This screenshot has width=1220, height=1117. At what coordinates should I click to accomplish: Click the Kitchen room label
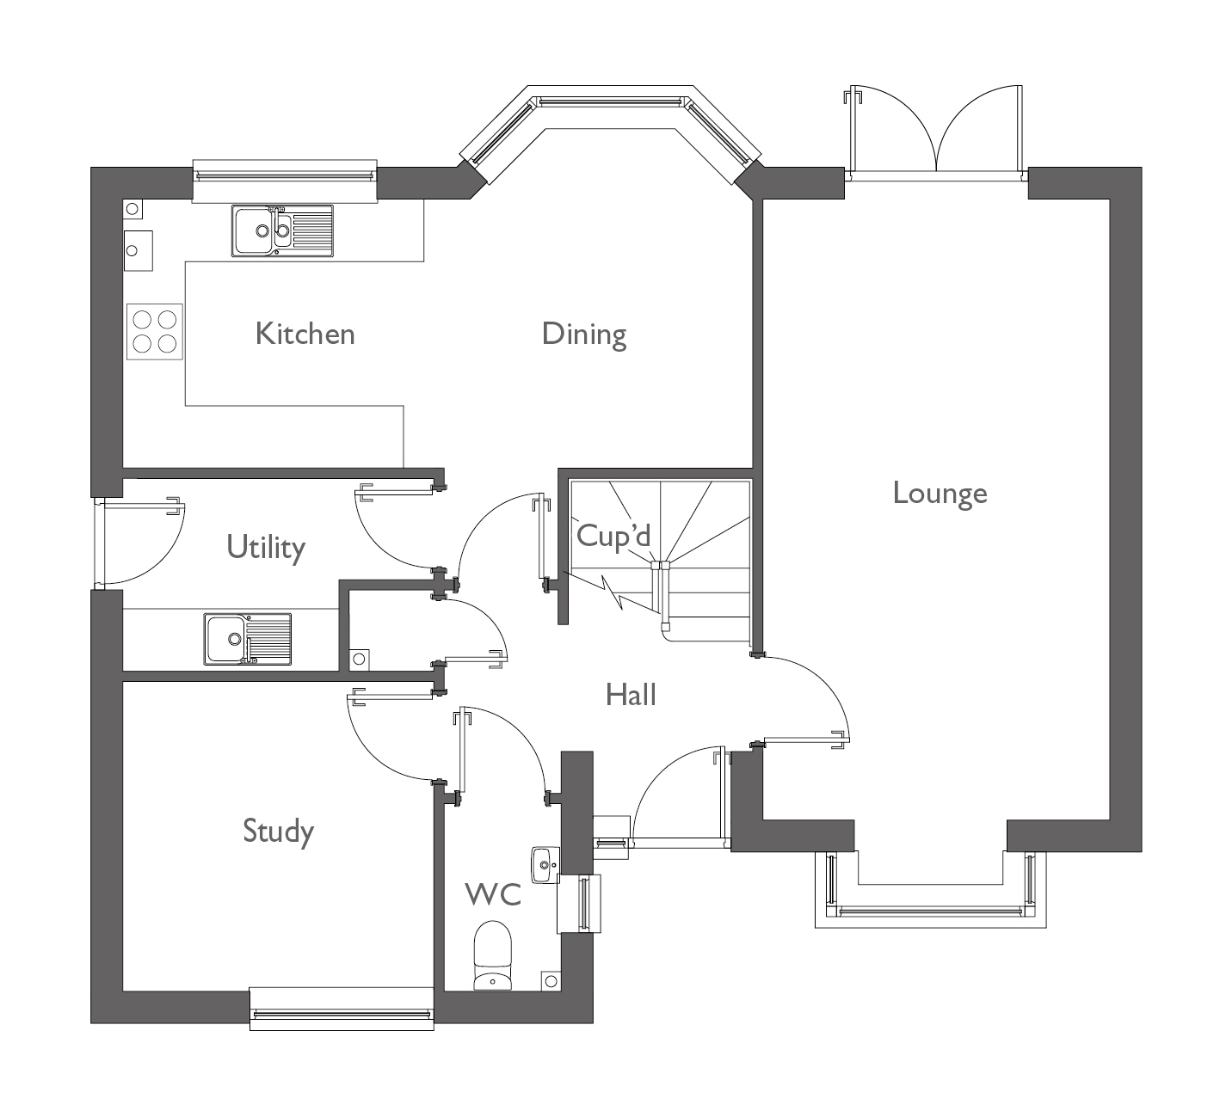point(305,334)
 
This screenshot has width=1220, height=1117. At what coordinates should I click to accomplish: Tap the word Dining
point(583,334)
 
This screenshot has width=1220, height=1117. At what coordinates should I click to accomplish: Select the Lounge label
point(940,494)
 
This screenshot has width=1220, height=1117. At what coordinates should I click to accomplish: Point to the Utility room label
point(266,547)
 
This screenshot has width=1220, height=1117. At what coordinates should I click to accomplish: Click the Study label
point(278,832)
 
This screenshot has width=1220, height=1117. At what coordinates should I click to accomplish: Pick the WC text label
point(493,894)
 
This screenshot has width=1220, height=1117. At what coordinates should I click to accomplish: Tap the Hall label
point(631,695)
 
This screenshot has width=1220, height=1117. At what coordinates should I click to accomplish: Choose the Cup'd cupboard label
point(613,536)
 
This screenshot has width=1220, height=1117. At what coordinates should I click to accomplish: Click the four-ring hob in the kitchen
point(155,332)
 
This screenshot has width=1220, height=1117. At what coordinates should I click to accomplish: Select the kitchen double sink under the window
point(282,230)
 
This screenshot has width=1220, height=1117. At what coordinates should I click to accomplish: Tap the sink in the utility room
point(247,639)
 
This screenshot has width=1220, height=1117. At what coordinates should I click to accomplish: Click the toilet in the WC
point(493,955)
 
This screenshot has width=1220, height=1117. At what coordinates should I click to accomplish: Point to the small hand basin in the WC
point(545,864)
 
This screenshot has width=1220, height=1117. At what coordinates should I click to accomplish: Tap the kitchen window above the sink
point(285,175)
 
